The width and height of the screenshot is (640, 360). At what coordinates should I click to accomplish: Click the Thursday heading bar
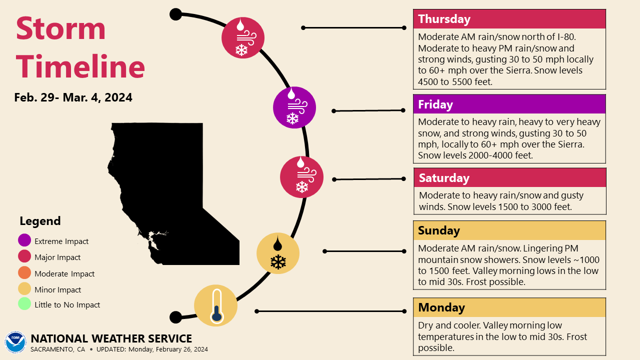(509, 19)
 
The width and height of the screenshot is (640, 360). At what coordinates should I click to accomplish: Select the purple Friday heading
(509, 104)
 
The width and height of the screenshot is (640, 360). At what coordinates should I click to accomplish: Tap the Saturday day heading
(509, 178)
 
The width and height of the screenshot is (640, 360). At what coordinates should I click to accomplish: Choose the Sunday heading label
(509, 230)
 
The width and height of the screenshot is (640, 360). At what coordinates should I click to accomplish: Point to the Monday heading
(509, 307)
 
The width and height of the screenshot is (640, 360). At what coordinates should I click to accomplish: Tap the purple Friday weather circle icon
(294, 107)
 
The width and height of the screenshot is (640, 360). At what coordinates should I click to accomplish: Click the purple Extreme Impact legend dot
(24, 241)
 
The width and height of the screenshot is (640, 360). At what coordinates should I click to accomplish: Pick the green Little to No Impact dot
(24, 304)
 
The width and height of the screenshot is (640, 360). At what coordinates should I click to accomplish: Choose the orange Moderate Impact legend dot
(24, 273)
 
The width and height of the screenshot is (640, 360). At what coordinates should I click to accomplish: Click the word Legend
(40, 221)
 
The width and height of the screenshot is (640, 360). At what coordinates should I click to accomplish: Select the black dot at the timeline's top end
(175, 14)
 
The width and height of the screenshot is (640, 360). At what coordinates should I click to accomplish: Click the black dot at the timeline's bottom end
(175, 317)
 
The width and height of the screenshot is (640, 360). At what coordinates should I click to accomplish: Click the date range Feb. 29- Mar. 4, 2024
(73, 97)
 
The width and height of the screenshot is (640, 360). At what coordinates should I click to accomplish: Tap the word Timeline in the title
(80, 66)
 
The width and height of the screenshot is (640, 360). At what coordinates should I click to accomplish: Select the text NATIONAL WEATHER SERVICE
(111, 338)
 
